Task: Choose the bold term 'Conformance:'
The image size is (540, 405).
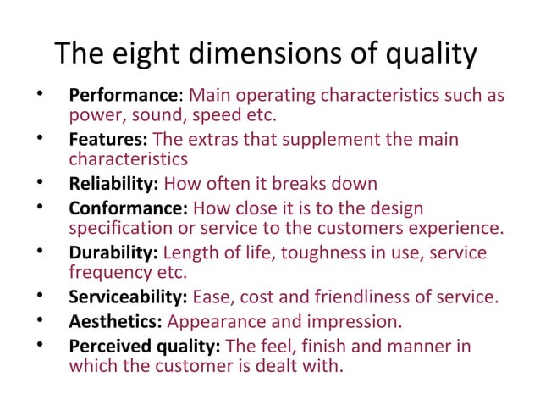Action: point(128,208)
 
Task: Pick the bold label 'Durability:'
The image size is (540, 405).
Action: point(113,252)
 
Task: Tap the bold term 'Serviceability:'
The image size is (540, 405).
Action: point(128,297)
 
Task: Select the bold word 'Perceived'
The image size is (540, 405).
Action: point(106,347)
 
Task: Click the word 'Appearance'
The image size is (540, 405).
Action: point(216,322)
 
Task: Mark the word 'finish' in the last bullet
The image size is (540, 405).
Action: point(319,347)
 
